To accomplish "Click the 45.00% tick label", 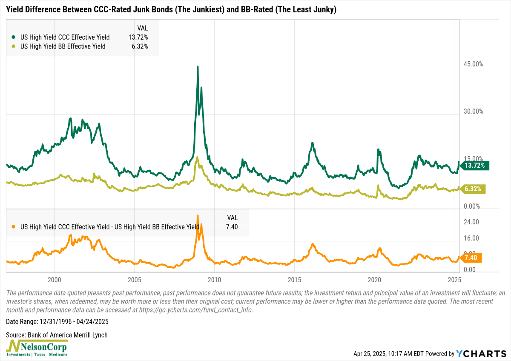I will (473, 64).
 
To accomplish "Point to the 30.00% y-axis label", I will (473, 112).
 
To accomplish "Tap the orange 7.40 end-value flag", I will (471, 258).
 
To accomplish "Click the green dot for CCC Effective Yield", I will (14, 37).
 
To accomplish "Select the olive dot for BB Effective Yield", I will (14, 46).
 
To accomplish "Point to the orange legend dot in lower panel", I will (14, 227).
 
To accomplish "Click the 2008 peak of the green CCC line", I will (198, 67).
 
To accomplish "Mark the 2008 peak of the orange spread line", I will (198, 215).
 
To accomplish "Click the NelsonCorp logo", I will (37, 348).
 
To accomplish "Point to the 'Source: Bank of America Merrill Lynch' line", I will (57, 335).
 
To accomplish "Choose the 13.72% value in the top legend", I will (138, 37).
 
